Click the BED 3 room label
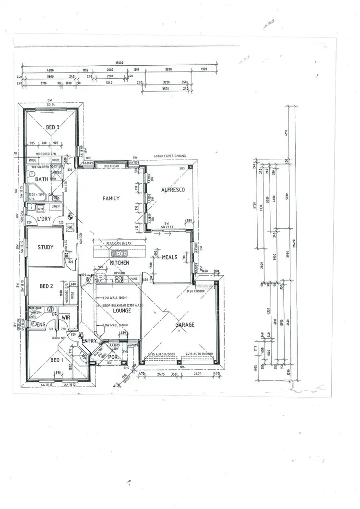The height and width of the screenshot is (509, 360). [53, 127]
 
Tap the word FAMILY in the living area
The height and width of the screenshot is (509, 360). [111, 198]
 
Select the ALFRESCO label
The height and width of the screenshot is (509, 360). [173, 190]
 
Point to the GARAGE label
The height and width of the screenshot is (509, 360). [184, 325]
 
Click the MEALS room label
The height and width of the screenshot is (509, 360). [169, 257]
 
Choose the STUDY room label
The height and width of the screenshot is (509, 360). [46, 248]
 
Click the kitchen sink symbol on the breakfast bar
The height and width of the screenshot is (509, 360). [119, 254]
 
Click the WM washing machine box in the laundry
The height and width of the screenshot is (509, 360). [41, 209]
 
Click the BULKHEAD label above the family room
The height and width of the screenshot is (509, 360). [112, 166]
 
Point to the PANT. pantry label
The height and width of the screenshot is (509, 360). [134, 279]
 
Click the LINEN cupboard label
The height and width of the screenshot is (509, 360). [55, 207]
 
